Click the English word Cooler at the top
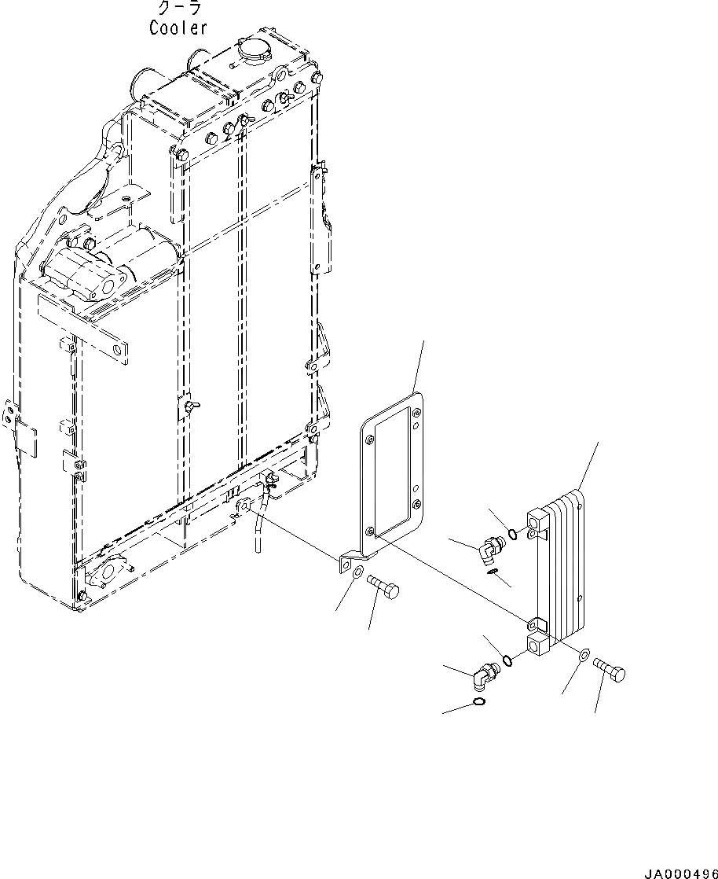[x=178, y=28]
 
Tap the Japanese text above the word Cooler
[x=179, y=9]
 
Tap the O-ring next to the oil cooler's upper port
[x=512, y=535]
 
